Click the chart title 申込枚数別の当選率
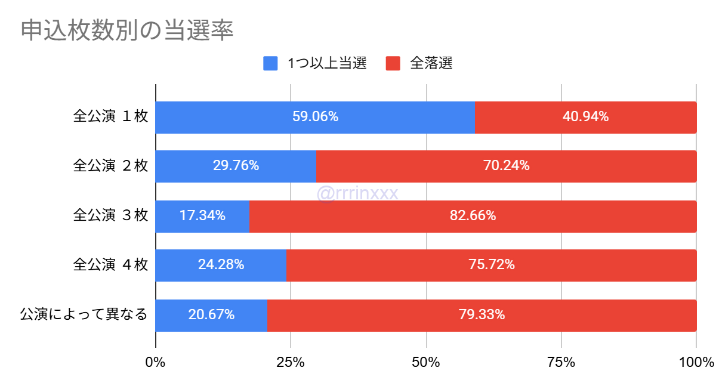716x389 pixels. pyautogui.click(x=127, y=31)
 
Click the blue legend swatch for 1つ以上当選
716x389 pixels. pyautogui.click(x=270, y=63)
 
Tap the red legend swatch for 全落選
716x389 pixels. pyautogui.click(x=393, y=63)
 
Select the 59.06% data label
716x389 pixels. pyautogui.click(x=315, y=117)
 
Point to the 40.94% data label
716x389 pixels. pyautogui.click(x=585, y=117)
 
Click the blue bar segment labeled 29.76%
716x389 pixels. pyautogui.click(x=236, y=166)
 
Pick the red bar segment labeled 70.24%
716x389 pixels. pyautogui.click(x=506, y=166)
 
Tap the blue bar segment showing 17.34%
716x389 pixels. pyautogui.click(x=202, y=216)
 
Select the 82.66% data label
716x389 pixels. pyautogui.click(x=473, y=216)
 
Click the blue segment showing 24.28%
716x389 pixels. pyautogui.click(x=221, y=265)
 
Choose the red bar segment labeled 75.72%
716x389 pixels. pyautogui.click(x=491, y=265)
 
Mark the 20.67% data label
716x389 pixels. pyautogui.click(x=211, y=314)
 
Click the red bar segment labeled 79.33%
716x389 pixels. pyautogui.click(x=482, y=314)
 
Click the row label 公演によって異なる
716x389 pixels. pyautogui.click(x=84, y=314)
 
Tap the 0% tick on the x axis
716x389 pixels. pyautogui.click(x=156, y=362)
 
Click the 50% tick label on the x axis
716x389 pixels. pyautogui.click(x=426, y=362)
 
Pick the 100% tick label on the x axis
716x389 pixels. pyautogui.click(x=696, y=362)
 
